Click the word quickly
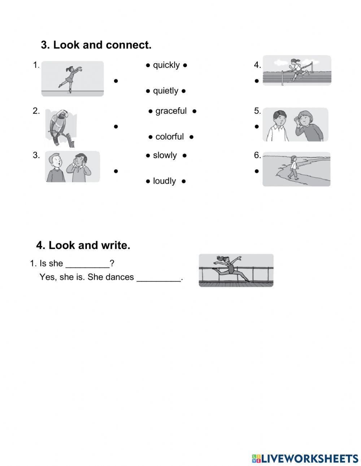(166, 65)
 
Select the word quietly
(165, 91)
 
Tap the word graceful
(171, 111)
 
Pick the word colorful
(169, 137)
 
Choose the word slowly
(165, 156)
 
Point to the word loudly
(164, 181)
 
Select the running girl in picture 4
(296, 70)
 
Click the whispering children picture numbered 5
(295, 125)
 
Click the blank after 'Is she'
(87, 264)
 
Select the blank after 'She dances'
(158, 278)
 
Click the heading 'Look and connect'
(96, 45)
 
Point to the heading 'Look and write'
(83, 245)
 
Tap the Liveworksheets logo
(305, 458)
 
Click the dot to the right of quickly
(185, 65)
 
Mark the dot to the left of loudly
(148, 181)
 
